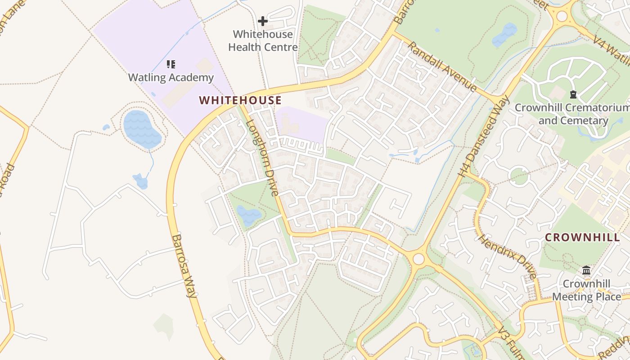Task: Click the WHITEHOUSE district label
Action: pyautogui.click(x=240, y=100)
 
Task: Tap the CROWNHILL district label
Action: pyautogui.click(x=582, y=238)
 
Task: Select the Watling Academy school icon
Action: pyautogui.click(x=171, y=64)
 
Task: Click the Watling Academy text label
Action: pyautogui.click(x=171, y=78)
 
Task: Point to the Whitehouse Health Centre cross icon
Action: pyautogui.click(x=263, y=21)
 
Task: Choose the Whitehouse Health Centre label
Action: pyautogui.click(x=263, y=41)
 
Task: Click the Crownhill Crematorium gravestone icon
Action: pyautogui.click(x=573, y=94)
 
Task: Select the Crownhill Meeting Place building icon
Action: pyautogui.click(x=586, y=270)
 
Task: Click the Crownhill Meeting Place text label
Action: pyautogui.click(x=586, y=290)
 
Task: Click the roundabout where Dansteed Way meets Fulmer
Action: pyautogui.click(x=418, y=259)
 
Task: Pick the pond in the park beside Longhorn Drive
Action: pyautogui.click(x=248, y=215)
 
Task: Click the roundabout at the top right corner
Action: pyautogui.click(x=562, y=16)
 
